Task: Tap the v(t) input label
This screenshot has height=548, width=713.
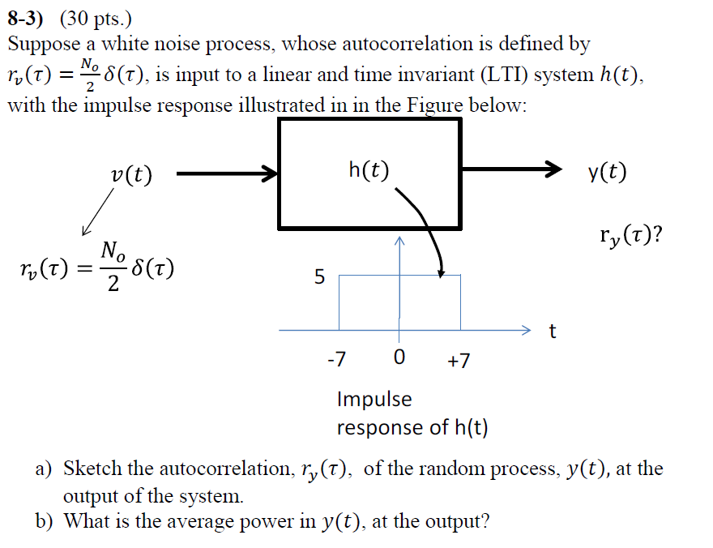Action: click(133, 174)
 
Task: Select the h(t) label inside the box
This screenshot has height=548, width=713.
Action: click(369, 169)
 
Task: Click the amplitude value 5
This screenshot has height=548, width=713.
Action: click(319, 277)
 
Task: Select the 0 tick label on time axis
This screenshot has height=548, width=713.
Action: click(398, 360)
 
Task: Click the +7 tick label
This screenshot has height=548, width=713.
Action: click(458, 360)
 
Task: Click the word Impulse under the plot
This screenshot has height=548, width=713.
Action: click(374, 399)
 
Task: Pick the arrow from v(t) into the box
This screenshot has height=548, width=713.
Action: click(227, 173)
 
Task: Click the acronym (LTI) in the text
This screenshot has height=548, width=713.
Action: click(510, 75)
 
